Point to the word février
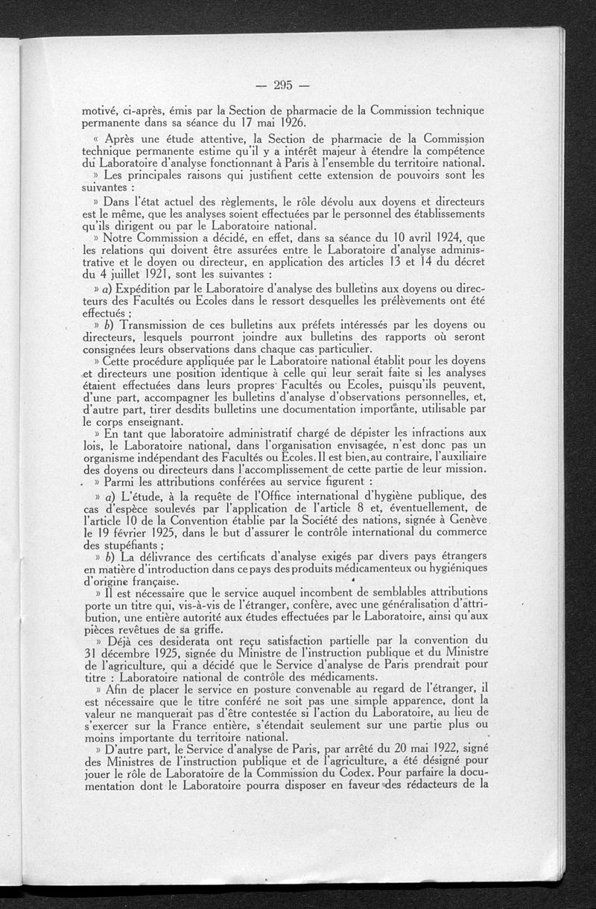[140, 540]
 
